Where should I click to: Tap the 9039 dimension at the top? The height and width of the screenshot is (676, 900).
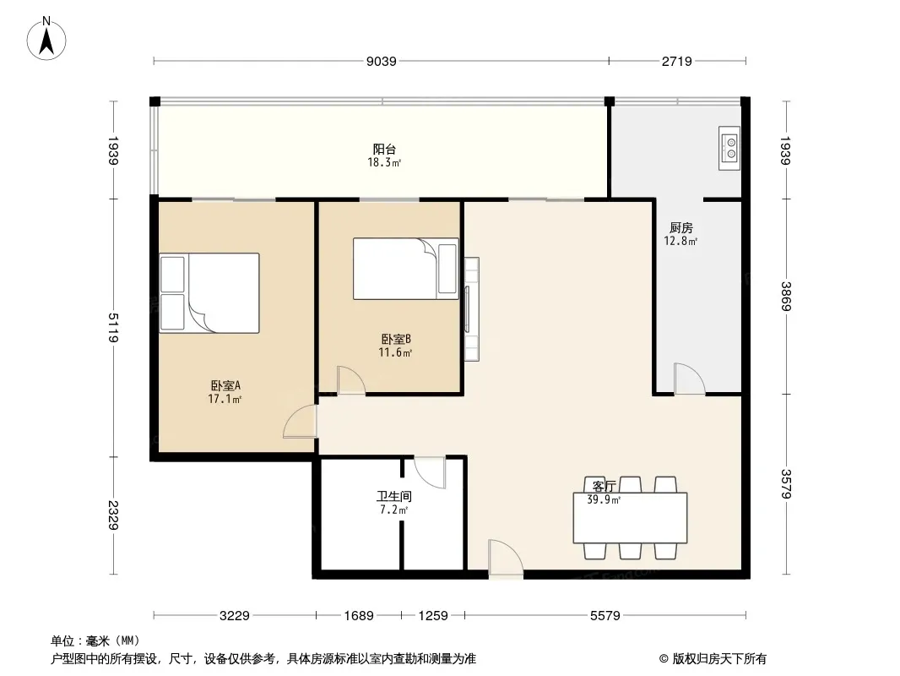point(381,61)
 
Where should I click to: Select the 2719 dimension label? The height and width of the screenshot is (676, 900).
point(677,61)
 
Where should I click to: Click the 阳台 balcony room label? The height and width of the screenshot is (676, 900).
point(384,150)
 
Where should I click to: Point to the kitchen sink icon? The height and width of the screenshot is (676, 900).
point(729,148)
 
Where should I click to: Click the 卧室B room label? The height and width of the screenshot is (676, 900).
point(395,340)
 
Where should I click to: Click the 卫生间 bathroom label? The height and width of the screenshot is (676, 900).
point(393,498)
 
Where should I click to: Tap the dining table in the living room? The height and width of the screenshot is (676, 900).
point(629,517)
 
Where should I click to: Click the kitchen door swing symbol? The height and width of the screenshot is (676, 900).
point(688,379)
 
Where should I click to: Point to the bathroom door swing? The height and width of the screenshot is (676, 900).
point(430,472)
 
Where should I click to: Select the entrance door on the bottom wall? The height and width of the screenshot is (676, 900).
point(505,559)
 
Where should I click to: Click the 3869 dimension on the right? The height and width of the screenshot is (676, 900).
point(785,297)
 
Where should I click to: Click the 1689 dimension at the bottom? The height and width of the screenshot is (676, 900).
point(358,616)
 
